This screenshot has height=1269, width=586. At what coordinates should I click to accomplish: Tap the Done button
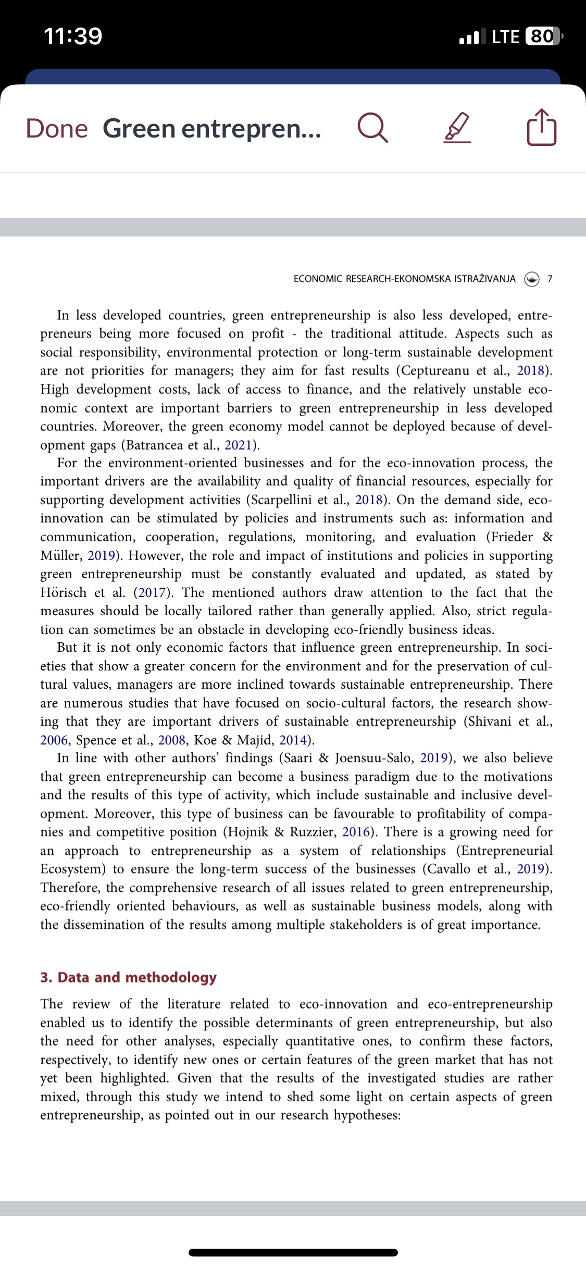click(57, 128)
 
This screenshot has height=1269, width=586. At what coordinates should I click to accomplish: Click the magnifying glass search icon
click(373, 128)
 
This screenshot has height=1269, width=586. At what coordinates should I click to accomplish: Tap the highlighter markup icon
click(457, 128)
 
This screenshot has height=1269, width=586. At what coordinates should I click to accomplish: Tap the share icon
click(542, 127)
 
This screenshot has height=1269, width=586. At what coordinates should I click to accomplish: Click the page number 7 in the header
click(550, 279)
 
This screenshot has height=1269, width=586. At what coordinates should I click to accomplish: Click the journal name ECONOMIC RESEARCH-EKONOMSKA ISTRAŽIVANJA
click(404, 279)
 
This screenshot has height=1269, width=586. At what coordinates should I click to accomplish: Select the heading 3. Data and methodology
click(128, 977)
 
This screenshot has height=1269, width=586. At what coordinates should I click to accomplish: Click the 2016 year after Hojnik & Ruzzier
click(356, 832)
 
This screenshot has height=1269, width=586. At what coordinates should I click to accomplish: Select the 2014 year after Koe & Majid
click(293, 740)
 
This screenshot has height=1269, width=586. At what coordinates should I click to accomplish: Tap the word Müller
click(60, 556)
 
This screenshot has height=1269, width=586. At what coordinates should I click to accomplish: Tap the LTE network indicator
click(505, 36)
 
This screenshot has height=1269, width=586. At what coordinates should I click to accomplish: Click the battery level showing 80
click(542, 36)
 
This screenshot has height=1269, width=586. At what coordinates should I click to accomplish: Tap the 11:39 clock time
click(73, 36)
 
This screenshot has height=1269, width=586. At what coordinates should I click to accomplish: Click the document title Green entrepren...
click(211, 128)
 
